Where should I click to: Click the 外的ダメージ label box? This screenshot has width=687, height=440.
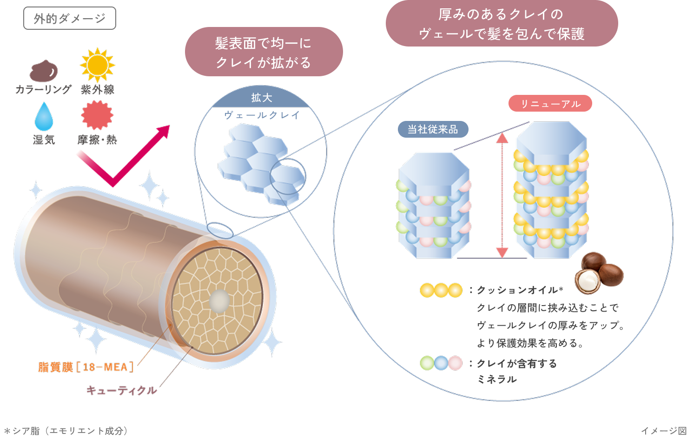[70, 19]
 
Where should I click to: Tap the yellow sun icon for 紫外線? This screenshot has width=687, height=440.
[97, 65]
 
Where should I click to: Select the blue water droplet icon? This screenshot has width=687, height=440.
[44, 116]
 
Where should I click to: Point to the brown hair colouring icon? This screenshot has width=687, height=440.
[44, 71]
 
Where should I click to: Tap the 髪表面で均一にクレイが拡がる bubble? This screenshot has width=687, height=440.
[264, 52]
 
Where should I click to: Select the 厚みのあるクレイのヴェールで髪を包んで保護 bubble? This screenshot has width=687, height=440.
[502, 24]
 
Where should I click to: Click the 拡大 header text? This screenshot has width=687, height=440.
[262, 98]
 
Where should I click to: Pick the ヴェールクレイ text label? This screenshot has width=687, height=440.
[262, 115]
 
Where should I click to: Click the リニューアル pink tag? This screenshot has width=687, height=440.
[550, 104]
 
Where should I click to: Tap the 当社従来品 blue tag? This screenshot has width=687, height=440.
[433, 129]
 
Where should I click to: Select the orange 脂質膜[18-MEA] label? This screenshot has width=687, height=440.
[86, 367]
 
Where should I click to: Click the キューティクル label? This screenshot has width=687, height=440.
[122, 390]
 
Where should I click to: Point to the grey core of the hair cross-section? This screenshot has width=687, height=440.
[218, 301]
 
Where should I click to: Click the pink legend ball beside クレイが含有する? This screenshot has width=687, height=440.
[455, 363]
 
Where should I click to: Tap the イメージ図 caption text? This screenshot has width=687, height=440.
[663, 431]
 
